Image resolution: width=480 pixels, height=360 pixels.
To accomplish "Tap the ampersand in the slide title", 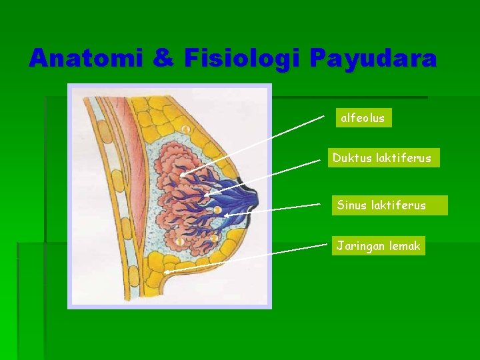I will [x=163, y=59].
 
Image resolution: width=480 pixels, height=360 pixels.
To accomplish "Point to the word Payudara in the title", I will [x=373, y=59].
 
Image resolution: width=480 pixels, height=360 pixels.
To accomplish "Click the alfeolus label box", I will [x=363, y=118].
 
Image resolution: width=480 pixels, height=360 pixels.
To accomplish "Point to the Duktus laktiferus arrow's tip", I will [x=206, y=195].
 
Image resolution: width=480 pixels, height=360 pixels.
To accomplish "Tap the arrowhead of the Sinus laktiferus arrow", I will [x=225, y=216].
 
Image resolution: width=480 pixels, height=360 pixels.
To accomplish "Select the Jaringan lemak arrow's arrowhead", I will [x=165, y=273].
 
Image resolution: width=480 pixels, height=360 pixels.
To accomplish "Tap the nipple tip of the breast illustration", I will [x=257, y=199].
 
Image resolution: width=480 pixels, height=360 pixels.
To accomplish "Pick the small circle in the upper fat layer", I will [x=187, y=129].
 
